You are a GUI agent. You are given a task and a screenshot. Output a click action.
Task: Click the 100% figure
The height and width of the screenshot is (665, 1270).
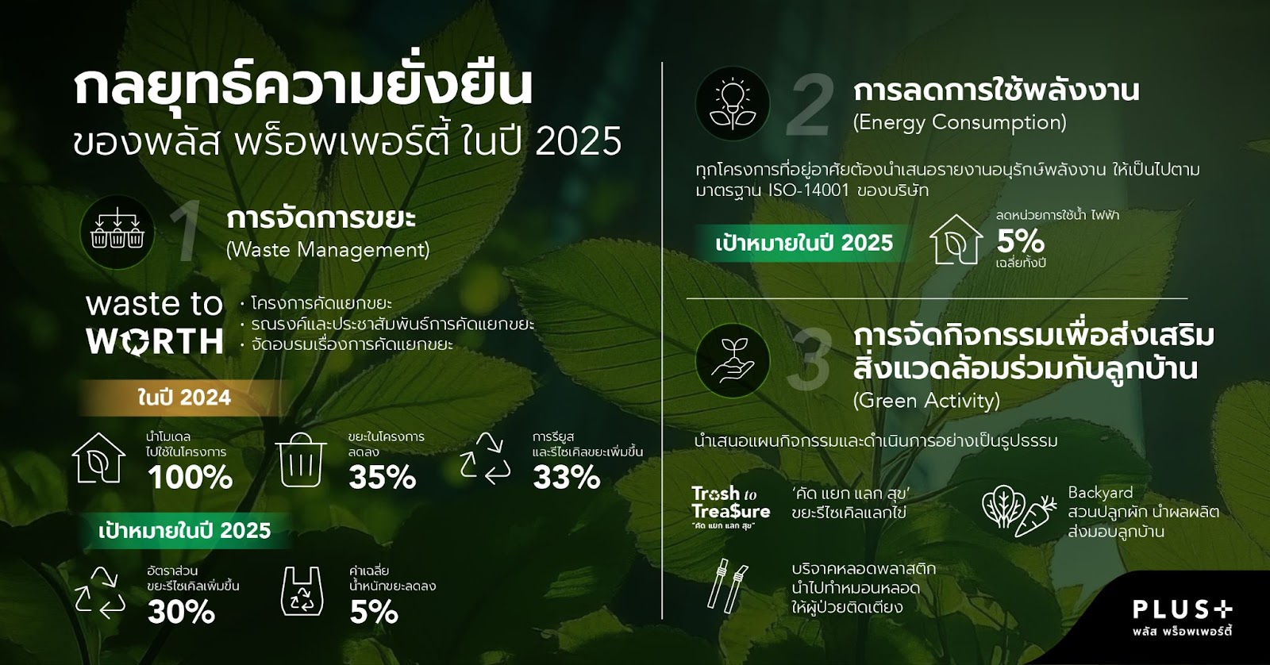pos(190,478)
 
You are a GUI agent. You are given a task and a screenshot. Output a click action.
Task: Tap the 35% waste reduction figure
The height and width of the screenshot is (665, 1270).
pos(382,478)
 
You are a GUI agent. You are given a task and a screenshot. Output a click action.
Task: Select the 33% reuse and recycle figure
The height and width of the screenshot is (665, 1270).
pos(567,478)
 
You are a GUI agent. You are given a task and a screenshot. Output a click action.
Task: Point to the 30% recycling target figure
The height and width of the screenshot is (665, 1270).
pos(182,613)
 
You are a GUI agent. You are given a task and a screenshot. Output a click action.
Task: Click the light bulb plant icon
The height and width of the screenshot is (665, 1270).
pos(733,104)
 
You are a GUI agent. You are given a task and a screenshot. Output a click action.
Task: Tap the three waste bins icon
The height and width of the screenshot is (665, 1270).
pos(117,232)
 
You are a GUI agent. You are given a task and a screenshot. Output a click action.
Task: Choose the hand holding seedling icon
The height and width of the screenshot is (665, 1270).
pos(733,360)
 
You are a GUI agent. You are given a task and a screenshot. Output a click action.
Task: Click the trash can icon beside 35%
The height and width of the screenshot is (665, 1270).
pos(301,459)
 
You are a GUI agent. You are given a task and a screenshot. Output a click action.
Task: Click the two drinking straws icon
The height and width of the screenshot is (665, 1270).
pos(728,586)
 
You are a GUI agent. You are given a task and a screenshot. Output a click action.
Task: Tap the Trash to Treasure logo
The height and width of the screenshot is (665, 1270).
pos(731,507)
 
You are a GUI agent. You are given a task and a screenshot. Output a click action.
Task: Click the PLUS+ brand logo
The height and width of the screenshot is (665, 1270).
pos(1183,617)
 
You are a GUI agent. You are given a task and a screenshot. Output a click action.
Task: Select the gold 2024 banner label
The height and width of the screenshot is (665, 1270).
pos(184,398)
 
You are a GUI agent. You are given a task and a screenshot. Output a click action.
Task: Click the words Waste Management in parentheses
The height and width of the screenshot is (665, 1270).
pos(328,250)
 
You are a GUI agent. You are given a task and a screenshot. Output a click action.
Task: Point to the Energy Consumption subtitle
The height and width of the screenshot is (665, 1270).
pos(960,122)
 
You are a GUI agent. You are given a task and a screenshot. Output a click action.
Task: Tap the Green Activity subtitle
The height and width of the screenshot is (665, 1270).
pos(926,401)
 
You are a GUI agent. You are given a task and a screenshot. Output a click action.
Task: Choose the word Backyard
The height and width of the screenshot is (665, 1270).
pos(1100,494)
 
